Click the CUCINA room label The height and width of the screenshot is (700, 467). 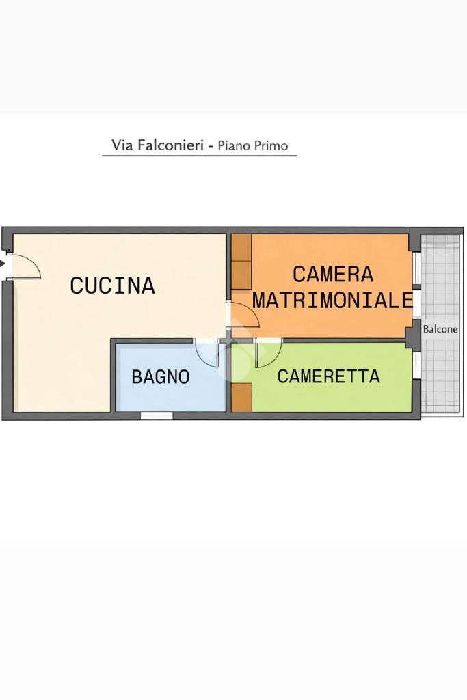pyautogui.click(x=112, y=285)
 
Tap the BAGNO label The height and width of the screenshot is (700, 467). pyautogui.click(x=161, y=377)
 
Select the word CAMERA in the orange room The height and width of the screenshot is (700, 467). pyautogui.click(x=333, y=274)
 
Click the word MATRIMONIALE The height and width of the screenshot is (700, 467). pyautogui.click(x=332, y=300)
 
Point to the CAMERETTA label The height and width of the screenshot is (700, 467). pyautogui.click(x=328, y=376)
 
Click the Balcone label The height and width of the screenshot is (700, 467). pyautogui.click(x=440, y=329)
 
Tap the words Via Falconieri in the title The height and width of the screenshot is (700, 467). pyautogui.click(x=158, y=145)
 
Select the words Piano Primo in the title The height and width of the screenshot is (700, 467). pyautogui.click(x=252, y=145)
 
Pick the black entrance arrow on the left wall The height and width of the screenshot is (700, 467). pyautogui.click(x=3, y=264)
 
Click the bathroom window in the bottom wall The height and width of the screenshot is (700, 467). pyautogui.click(x=157, y=416)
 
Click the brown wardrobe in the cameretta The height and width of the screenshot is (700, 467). pyautogui.click(x=242, y=397)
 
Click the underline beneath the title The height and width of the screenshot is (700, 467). pyautogui.click(x=200, y=156)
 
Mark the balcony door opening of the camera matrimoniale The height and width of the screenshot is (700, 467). pyautogui.click(x=416, y=305)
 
